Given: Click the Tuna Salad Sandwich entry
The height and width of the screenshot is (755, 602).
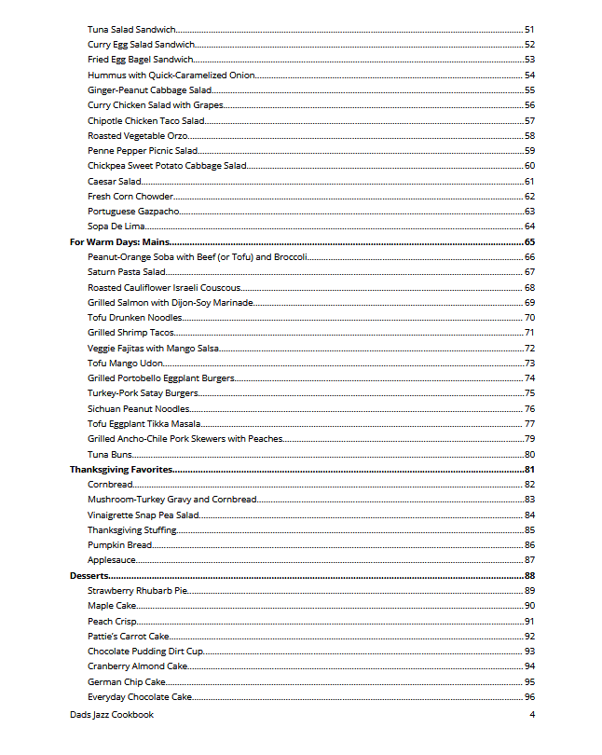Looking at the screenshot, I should click(x=131, y=29).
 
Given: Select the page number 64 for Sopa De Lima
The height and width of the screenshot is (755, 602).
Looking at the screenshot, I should click(x=529, y=226).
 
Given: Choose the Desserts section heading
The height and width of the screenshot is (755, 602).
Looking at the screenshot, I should click(x=89, y=576).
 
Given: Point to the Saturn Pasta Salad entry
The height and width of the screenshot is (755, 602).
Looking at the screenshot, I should click(x=127, y=272).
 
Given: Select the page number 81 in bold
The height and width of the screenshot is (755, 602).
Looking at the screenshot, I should click(x=529, y=469).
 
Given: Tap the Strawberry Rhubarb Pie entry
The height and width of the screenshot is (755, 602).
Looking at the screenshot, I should click(x=138, y=591).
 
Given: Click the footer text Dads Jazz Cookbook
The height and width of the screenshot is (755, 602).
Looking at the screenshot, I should click(x=112, y=715).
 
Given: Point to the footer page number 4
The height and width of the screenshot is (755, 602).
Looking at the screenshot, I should click(x=532, y=715).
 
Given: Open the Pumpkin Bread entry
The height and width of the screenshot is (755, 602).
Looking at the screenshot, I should click(x=120, y=545).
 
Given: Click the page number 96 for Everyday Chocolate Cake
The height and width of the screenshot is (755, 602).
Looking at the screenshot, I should click(x=529, y=697).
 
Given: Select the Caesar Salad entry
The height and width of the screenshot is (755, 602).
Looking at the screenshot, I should click(x=115, y=181).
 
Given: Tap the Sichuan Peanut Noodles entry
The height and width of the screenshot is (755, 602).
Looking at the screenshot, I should click(x=139, y=408).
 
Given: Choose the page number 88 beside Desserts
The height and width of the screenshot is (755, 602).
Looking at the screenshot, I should click(x=529, y=576).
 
